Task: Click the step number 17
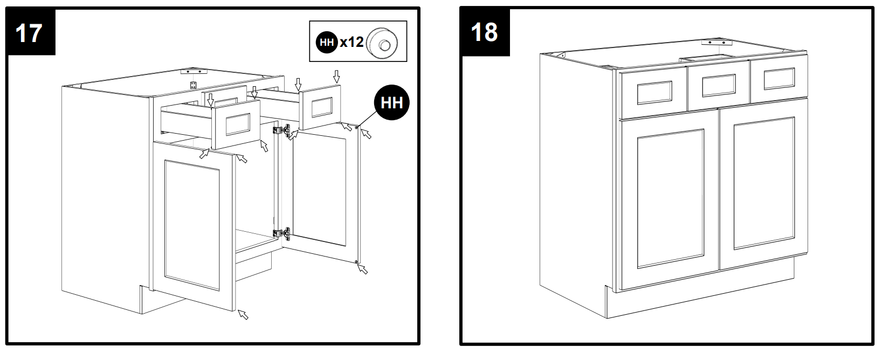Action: coord(29,33)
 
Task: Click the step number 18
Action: coord(484,32)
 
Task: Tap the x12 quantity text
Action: coord(352,42)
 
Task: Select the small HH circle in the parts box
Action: coord(327,42)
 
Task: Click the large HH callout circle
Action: coord(392,103)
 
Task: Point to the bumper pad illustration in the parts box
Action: coord(382,43)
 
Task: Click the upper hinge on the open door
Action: coord(282,130)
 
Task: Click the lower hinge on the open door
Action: coord(282,234)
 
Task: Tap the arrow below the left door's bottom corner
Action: coord(243,315)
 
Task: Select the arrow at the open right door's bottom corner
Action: coord(363,269)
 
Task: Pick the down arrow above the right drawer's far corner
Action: coord(336,77)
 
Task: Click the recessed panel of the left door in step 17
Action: coord(192,225)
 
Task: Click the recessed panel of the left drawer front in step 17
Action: coord(238,124)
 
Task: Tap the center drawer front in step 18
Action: coord(719,85)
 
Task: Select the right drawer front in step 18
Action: coord(779,79)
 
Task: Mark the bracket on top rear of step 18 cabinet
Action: coord(716,42)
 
